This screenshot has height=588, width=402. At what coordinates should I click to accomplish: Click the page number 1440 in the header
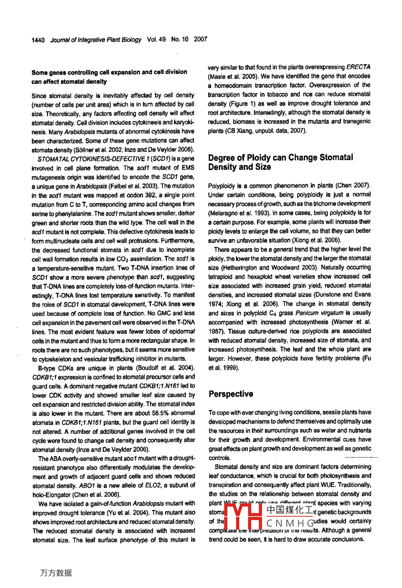tap(38, 40)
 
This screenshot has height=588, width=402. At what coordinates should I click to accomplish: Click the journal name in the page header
tap(96, 40)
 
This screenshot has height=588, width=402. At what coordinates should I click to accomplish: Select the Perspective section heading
tap(231, 394)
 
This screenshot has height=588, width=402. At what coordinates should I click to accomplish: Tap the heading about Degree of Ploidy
tap(280, 162)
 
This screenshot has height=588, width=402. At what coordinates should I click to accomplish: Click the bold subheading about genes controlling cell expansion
tap(109, 77)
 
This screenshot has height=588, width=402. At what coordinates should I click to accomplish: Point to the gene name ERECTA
tap(358, 67)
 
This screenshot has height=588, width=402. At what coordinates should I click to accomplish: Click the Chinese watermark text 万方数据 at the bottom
tap(56, 573)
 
